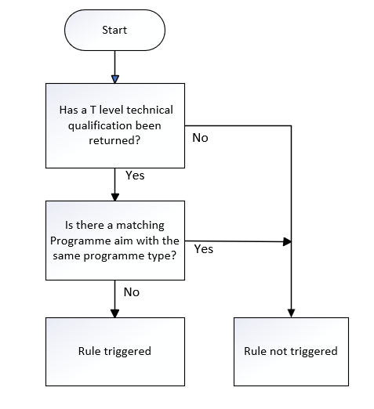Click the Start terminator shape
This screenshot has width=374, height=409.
(x=114, y=30)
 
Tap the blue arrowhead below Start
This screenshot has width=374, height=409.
(x=115, y=79)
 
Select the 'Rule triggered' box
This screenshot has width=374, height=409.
(x=115, y=352)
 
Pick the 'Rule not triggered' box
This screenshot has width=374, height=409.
(x=291, y=352)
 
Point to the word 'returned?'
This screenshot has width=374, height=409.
(x=114, y=140)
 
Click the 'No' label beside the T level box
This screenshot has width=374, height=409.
(x=200, y=138)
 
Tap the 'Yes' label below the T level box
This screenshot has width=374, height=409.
(x=135, y=176)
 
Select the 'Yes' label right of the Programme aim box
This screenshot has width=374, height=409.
(x=204, y=249)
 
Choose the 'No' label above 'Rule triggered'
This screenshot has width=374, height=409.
(x=132, y=292)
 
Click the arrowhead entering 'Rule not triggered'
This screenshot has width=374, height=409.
(x=291, y=313)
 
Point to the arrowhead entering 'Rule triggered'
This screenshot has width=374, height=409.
(x=115, y=313)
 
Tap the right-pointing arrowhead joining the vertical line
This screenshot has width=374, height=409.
(x=287, y=241)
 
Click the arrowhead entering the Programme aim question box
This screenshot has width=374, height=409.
(x=115, y=197)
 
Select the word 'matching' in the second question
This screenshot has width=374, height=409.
(x=140, y=225)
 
